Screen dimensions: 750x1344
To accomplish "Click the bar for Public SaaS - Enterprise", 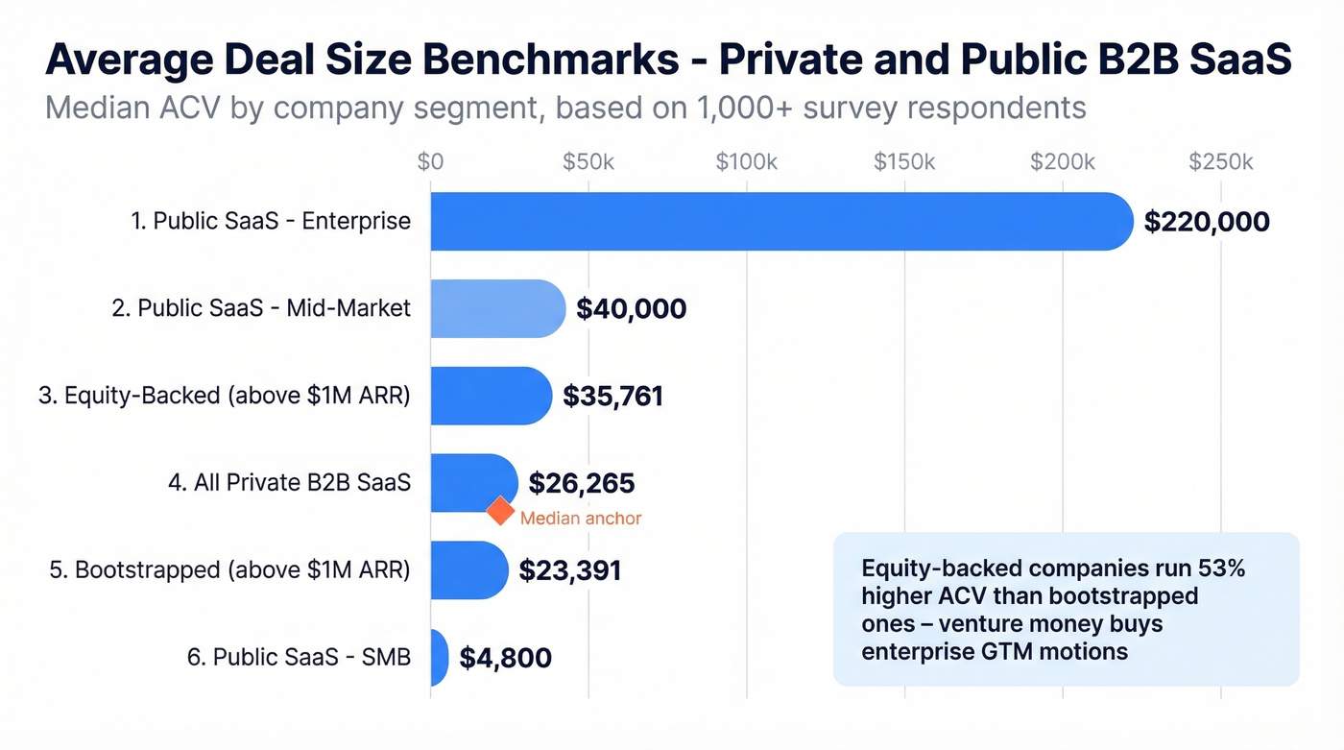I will [x=781, y=222].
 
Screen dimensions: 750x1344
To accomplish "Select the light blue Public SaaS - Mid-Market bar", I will [x=497, y=308].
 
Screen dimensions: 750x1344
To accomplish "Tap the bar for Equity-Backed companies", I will [x=491, y=396].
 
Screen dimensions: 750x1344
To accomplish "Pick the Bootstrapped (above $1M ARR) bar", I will [x=468, y=570].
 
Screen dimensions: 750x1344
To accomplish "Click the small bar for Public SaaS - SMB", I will [x=439, y=658].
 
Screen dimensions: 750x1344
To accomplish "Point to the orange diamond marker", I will [x=500, y=511].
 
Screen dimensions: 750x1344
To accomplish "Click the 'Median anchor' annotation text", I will [x=580, y=519].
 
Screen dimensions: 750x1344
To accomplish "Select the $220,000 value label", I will [x=1207, y=222].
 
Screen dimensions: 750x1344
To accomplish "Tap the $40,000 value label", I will [x=631, y=308].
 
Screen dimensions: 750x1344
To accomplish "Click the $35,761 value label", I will [x=612, y=396].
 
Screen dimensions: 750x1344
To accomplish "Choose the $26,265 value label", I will [x=581, y=483].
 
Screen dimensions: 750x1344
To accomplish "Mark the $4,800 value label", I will [x=505, y=658].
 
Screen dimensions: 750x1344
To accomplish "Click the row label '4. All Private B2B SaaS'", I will [x=289, y=483].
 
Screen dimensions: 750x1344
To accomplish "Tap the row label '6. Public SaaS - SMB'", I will [x=298, y=658].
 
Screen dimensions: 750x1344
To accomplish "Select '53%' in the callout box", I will [x=1218, y=569].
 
